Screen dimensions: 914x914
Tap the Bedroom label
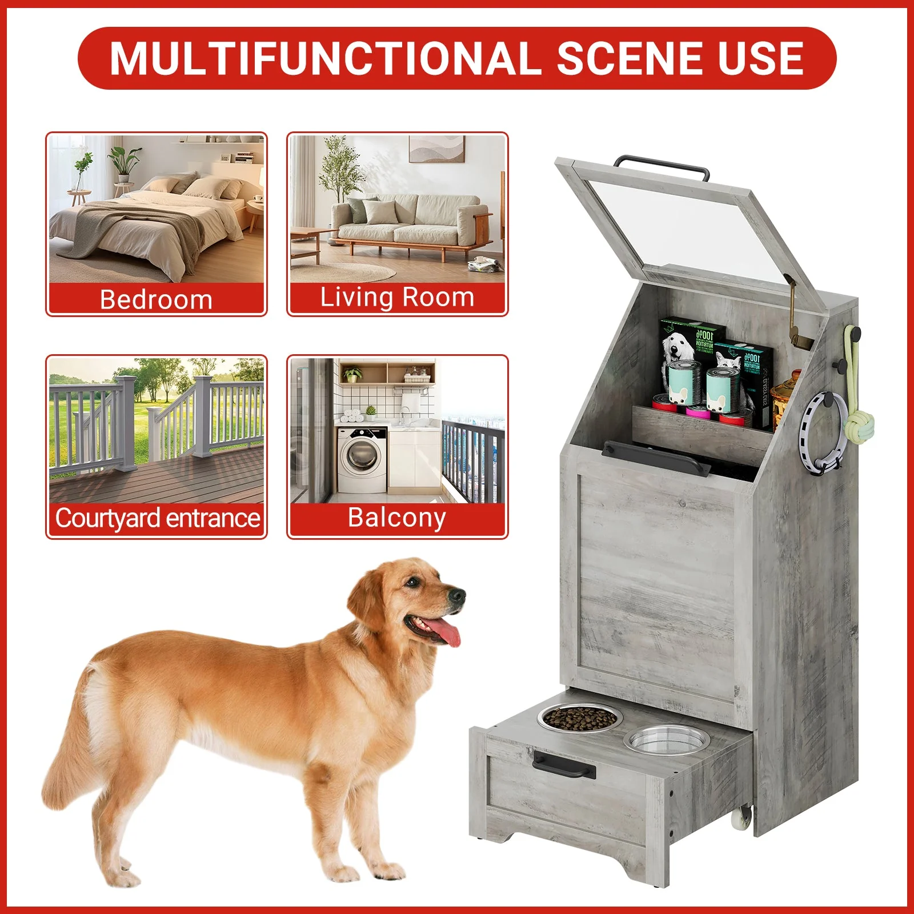[x=156, y=299]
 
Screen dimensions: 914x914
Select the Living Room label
[x=397, y=298]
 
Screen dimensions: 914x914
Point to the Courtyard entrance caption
[x=157, y=518]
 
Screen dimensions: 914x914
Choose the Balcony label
[x=397, y=518]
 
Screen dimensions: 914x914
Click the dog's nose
[x=457, y=596]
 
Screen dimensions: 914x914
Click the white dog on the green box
[x=677, y=346]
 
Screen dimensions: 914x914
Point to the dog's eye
[x=411, y=582]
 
